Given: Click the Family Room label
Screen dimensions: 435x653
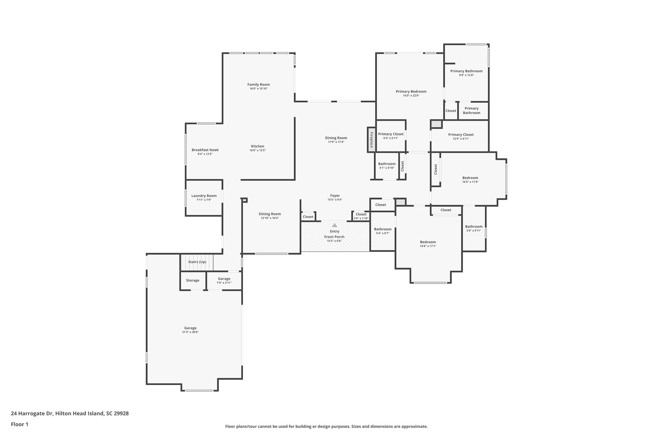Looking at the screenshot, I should tap(258, 84).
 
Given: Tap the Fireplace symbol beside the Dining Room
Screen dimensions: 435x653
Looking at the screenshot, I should tap(371, 140).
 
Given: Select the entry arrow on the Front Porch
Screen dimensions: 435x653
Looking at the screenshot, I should tap(334, 225).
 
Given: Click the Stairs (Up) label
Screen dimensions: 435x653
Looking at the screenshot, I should tap(197, 262).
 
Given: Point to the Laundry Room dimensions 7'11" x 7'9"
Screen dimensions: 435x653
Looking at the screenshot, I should tap(204, 200).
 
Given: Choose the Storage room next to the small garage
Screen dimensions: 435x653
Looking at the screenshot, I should tap(193, 280).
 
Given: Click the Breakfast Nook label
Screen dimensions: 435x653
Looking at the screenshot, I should tap(205, 150).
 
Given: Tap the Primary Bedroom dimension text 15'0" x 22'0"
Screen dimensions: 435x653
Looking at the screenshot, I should tap(411, 96).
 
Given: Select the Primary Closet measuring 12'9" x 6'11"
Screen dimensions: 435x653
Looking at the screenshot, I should tap(461, 136).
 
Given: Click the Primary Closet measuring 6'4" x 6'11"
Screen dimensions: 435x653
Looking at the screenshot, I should tap(391, 136).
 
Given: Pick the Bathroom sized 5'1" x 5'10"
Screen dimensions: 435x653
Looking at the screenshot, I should tap(387, 166).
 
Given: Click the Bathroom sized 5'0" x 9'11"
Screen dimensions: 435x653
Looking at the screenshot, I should tap(473, 228).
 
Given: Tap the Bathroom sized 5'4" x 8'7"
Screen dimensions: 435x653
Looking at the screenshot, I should tap(383, 231).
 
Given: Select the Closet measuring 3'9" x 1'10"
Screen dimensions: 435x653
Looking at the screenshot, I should tap(361, 216).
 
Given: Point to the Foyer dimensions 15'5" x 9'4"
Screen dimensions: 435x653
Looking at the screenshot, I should tap(335, 200).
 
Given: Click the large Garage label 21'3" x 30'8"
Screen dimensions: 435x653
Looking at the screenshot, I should tap(190, 330).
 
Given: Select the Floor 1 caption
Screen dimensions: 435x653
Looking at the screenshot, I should tap(19, 424).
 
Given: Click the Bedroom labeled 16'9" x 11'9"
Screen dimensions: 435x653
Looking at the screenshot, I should tap(470, 180).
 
